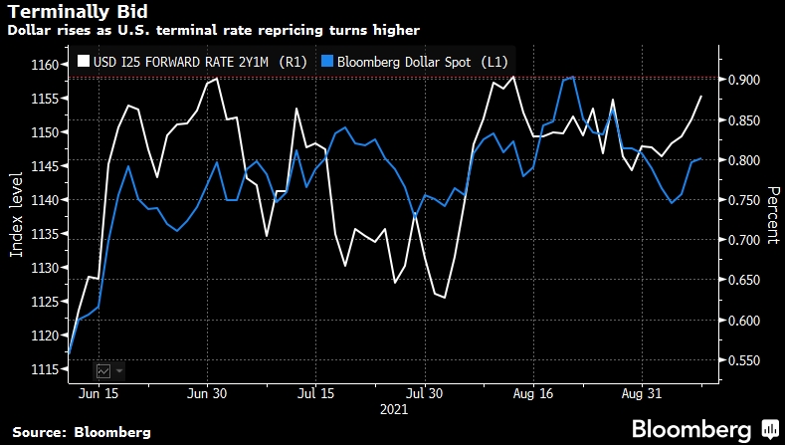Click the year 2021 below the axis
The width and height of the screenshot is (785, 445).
[393, 408]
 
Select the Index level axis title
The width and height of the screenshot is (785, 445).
[16, 214]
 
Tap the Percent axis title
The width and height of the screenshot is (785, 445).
[771, 214]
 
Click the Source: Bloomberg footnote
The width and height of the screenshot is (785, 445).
[82, 431]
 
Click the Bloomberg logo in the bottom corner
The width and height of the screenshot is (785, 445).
[692, 429]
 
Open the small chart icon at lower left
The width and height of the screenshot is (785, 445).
[103, 369]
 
